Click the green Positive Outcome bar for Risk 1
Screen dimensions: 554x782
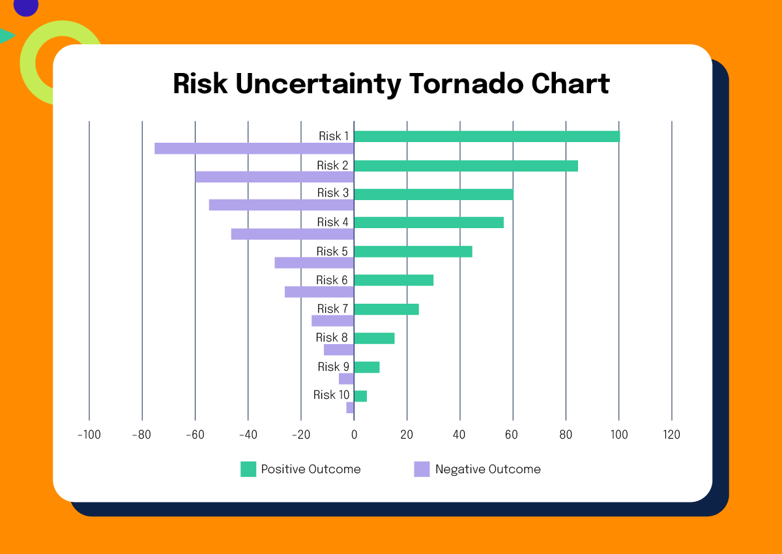(x=486, y=136)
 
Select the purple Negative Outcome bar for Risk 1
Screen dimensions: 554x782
(x=254, y=149)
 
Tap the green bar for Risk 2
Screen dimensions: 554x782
(x=465, y=166)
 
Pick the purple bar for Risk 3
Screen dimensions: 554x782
(x=282, y=205)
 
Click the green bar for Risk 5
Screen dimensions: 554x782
(x=413, y=252)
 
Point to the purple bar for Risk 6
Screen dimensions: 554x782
(x=319, y=292)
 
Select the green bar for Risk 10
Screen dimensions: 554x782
(x=360, y=396)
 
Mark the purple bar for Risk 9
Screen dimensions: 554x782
(x=346, y=379)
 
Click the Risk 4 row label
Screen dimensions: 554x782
(x=333, y=222)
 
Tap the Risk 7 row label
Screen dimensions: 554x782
(x=333, y=308)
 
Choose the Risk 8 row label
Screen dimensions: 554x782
(x=332, y=338)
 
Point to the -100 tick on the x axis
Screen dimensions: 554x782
(x=89, y=435)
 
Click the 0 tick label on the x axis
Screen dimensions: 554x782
(x=354, y=435)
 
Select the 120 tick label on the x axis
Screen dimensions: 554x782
(x=671, y=435)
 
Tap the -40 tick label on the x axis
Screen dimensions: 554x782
(x=248, y=435)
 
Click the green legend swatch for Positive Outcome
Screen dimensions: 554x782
(x=248, y=469)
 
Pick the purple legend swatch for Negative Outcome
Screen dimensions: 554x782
(x=422, y=469)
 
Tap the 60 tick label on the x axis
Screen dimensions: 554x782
(x=513, y=435)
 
